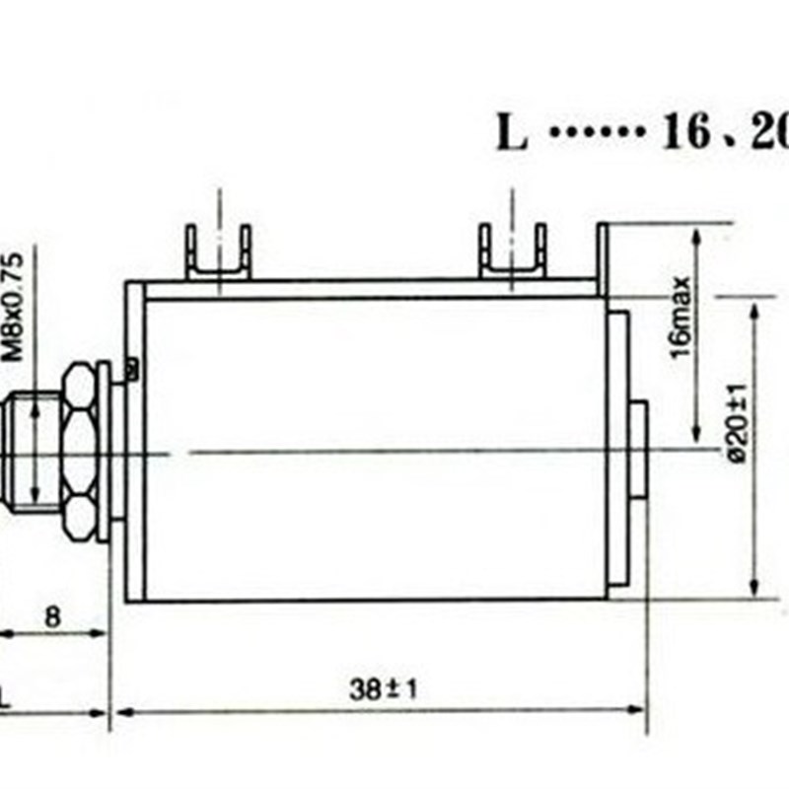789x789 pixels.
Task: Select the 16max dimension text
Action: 681,319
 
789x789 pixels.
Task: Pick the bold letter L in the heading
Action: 511,133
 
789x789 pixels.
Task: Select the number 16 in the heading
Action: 686,133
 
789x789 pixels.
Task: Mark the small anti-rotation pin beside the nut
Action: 129,369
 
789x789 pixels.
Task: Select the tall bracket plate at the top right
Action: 603,258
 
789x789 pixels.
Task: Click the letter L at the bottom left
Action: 5,700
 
